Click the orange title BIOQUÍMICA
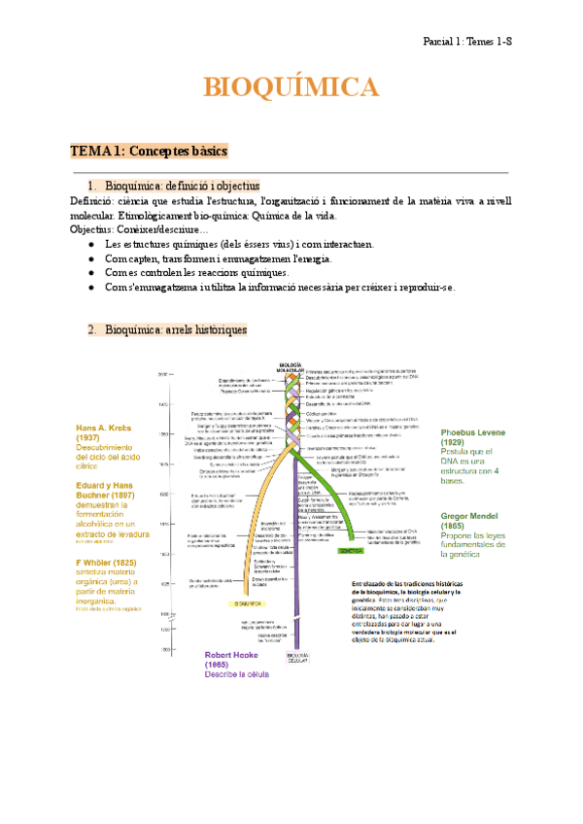pyautogui.click(x=291, y=88)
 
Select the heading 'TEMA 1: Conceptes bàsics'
pyautogui.click(x=149, y=152)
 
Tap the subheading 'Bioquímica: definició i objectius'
pyautogui.click(x=182, y=186)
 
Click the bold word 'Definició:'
pyautogui.click(x=95, y=201)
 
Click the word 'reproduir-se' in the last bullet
pyautogui.click(x=424, y=288)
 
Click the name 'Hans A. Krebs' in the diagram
pyautogui.click(x=103, y=428)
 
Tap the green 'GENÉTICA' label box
pyautogui.click(x=351, y=549)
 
